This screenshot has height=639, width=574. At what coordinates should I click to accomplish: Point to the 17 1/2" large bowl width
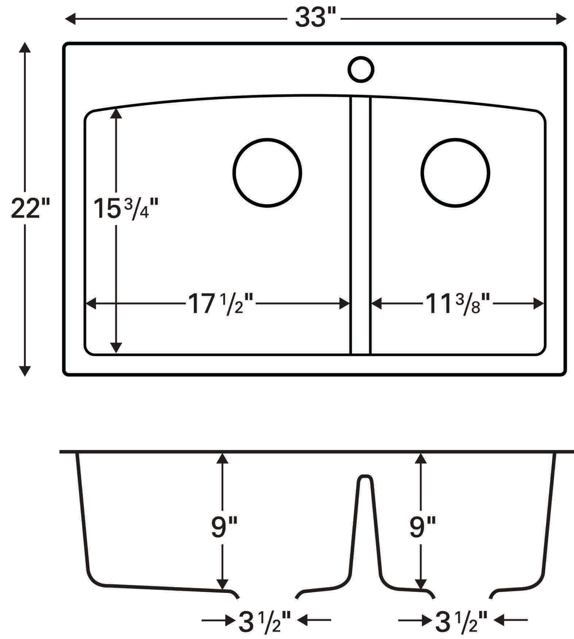click(x=220, y=304)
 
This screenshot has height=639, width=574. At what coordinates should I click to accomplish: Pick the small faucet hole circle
click(x=361, y=69)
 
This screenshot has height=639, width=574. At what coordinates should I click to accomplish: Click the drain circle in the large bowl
click(x=267, y=173)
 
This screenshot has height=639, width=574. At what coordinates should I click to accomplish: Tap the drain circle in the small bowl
click(x=455, y=173)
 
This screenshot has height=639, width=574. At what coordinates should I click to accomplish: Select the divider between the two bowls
click(x=361, y=226)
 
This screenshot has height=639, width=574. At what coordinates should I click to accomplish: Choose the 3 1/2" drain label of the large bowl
click(x=265, y=622)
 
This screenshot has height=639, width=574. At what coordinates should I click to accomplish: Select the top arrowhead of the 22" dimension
click(x=24, y=47)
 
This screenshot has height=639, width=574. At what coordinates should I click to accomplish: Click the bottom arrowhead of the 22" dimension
click(x=24, y=371)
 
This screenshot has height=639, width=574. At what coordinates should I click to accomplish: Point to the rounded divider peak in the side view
click(x=365, y=478)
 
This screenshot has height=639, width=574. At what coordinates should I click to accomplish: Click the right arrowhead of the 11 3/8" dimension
click(x=539, y=303)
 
